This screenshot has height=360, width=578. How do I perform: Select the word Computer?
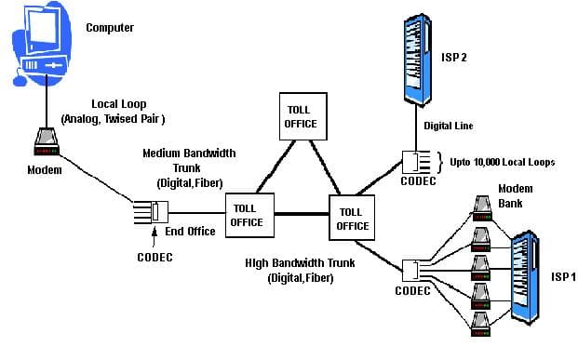click(110, 28)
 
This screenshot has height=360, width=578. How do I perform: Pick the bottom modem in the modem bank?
click(481, 321)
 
